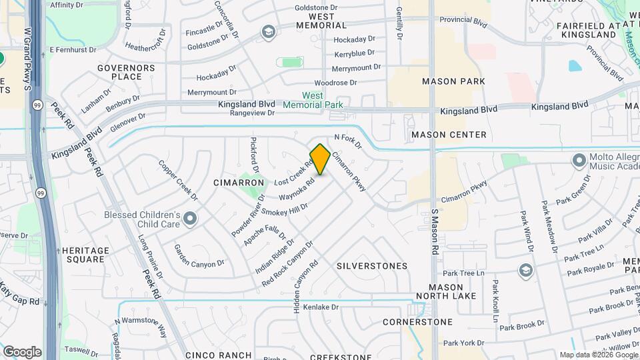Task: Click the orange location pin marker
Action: [321, 159]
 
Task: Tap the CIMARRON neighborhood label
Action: [235, 182]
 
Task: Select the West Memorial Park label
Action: [313, 100]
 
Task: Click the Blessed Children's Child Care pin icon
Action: [191, 218]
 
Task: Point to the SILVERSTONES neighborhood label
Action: [371, 266]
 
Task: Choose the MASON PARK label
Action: [449, 81]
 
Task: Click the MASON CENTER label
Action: [449, 135]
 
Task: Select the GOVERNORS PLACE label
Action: [126, 72]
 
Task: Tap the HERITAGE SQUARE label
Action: [85, 255]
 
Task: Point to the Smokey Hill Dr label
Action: [284, 209]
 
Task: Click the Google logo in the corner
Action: [22, 351]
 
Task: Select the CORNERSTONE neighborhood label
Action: [417, 322]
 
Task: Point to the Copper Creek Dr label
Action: [179, 180]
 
